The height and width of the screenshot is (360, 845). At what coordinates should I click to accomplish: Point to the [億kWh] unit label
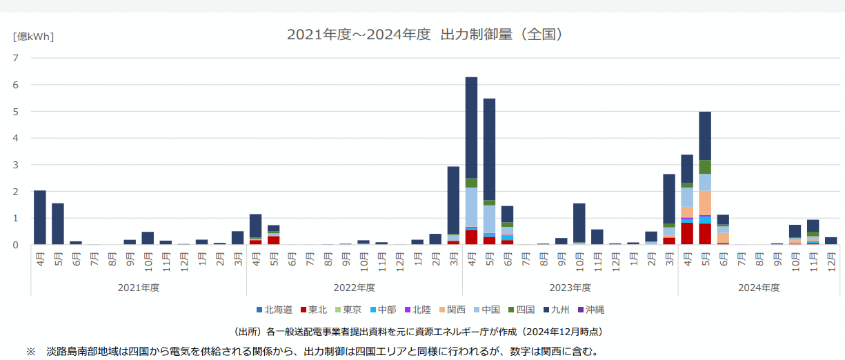[33, 37]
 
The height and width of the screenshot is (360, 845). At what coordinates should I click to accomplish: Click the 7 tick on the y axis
[16, 58]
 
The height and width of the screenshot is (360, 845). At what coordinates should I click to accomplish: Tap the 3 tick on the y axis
[16, 165]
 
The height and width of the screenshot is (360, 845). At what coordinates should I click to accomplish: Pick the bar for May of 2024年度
[705, 138]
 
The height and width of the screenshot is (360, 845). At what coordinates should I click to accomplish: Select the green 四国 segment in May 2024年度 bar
[705, 167]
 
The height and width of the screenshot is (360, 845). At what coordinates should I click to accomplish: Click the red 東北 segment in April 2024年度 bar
[687, 233]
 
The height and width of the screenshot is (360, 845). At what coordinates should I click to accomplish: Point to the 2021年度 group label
[139, 287]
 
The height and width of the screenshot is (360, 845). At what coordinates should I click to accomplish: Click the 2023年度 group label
[570, 287]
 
